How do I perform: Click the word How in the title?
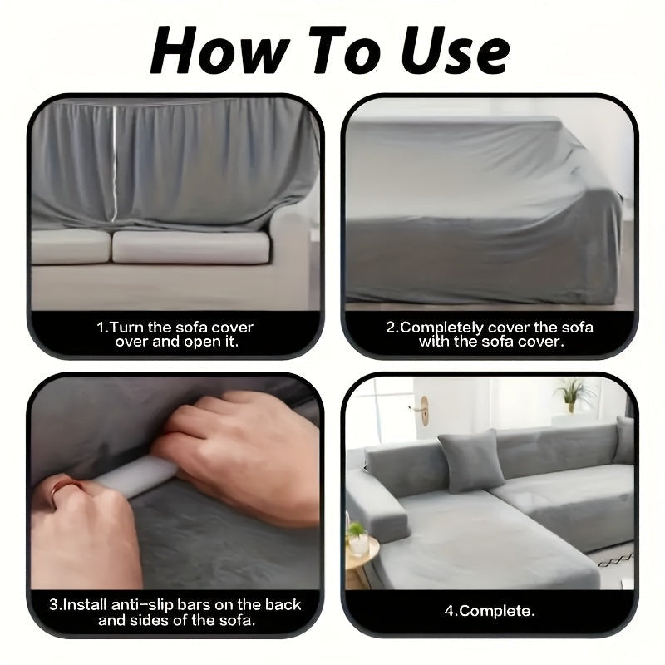220,50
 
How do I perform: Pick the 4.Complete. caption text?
490,611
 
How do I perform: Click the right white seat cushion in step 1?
191,247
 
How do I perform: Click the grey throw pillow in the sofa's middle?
470,461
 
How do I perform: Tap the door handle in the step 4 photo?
422,409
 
